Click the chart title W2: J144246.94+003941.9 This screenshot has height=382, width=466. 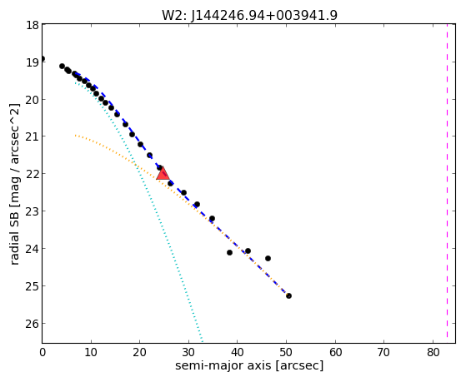tap(249, 15)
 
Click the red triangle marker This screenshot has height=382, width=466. tap(163, 174)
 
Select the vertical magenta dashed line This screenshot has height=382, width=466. tap(447, 181)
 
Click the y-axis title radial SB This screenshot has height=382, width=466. tap(14, 184)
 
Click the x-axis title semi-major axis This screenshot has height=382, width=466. tap(249, 365)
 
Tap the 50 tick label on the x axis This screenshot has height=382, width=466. tap(286, 352)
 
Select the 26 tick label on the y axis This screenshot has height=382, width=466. tap(33, 324)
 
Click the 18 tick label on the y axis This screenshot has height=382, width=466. tap(33, 25)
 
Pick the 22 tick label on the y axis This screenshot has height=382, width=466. tap(33, 174)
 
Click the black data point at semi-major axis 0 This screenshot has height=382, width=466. tap(43, 59)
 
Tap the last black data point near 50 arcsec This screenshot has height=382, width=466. tap(288, 295)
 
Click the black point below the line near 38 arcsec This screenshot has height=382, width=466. tap(229, 253)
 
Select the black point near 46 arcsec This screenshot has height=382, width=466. tap(268, 258)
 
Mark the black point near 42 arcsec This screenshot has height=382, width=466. tap(248, 251)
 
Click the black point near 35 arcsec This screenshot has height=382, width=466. tap(212, 218)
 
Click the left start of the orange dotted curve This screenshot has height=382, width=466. tap(76, 136)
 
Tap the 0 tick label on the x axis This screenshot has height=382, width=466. tap(43, 352)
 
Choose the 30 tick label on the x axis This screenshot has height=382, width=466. tap(188, 352)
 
